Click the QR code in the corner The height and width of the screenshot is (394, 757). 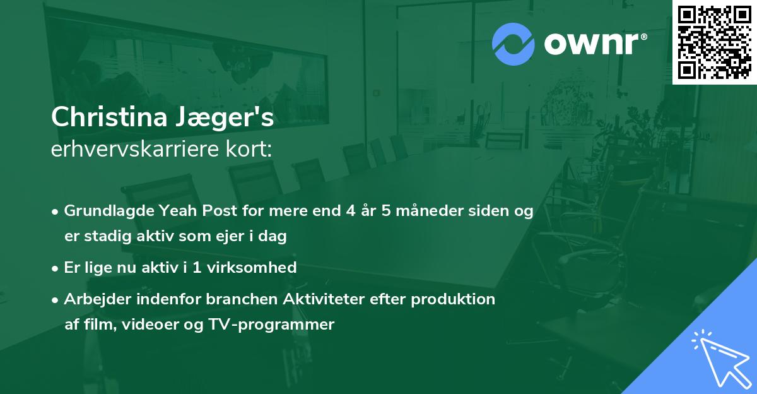[714, 42]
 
